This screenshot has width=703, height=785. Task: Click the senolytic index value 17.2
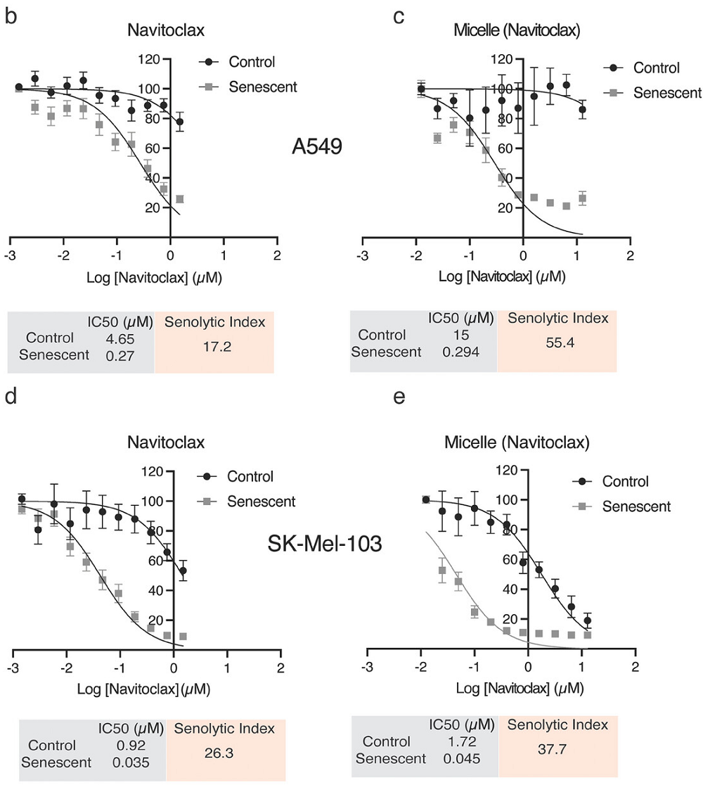point(214,347)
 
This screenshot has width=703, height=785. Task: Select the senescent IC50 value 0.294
point(462,351)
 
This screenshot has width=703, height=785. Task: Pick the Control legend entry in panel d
point(250,476)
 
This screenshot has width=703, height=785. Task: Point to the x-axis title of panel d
point(128,687)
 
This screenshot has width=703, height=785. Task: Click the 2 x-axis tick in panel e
point(636,665)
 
